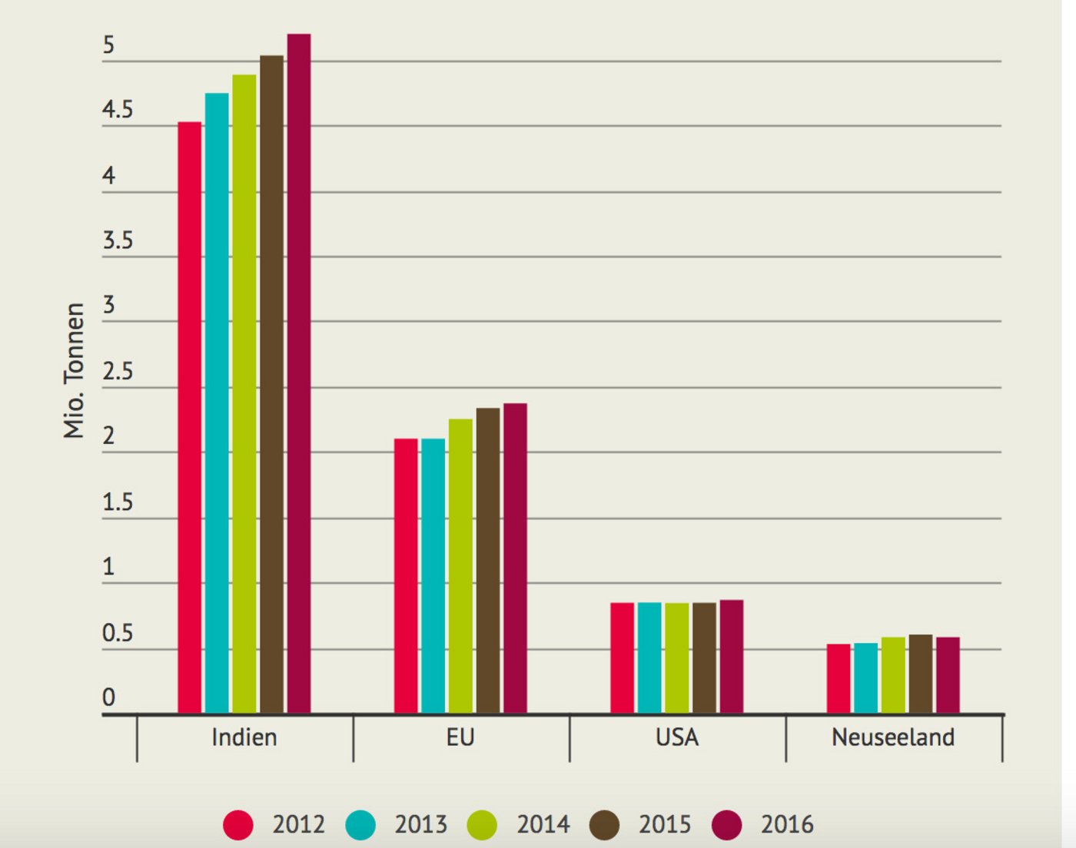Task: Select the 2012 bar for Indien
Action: coord(190,418)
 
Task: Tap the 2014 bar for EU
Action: coord(460,566)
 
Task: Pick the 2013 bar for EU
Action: coord(433,576)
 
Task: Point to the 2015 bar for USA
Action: coord(704,658)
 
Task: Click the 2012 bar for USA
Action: coord(623,658)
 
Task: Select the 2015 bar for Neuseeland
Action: coord(921,674)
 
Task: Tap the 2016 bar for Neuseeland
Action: coord(948,675)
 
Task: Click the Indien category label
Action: coord(244,737)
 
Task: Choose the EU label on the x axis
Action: coord(460,737)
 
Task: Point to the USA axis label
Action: coord(677,737)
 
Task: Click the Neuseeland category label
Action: coord(893,737)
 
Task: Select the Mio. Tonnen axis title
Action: coord(74,370)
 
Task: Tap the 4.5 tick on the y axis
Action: coord(118,111)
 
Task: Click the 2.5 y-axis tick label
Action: coord(118,372)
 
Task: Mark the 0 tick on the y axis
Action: coord(109,697)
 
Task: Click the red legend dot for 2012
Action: coord(238,825)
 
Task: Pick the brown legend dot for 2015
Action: coord(605,825)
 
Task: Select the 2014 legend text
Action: coord(543,825)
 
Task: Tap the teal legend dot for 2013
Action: coord(360,825)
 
